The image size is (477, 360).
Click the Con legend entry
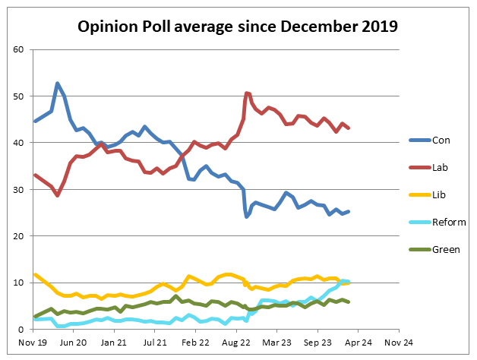pos(441,140)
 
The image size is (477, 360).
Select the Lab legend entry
pos(441,167)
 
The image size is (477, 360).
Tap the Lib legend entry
pos(440,194)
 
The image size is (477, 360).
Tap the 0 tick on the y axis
pos(23,330)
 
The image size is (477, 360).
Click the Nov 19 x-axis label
pos(33,343)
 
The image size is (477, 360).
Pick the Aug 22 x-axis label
pos(236,343)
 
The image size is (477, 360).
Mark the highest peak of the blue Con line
pos(58,83)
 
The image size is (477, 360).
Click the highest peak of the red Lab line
pos(247,93)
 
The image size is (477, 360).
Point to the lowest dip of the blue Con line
pos(247,216)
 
